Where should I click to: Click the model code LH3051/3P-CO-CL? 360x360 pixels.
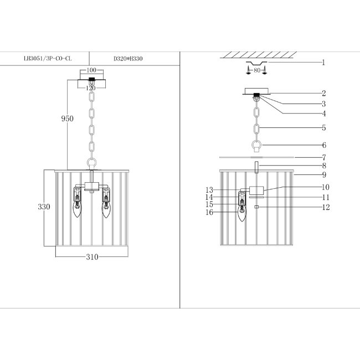tap(48, 59)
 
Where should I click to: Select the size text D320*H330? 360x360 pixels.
tap(128, 59)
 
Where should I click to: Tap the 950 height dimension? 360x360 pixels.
tap(67, 119)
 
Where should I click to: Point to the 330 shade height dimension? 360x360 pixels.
tap(44, 207)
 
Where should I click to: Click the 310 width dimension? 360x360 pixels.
tap(92, 257)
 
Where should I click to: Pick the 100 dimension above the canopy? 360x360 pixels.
tap(91, 70)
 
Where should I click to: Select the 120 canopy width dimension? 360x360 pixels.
tap(91, 88)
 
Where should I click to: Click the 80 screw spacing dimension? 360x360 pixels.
tap(257, 70)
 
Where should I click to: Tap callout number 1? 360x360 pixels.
tap(323, 62)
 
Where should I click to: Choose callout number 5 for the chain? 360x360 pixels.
tap(324, 127)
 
